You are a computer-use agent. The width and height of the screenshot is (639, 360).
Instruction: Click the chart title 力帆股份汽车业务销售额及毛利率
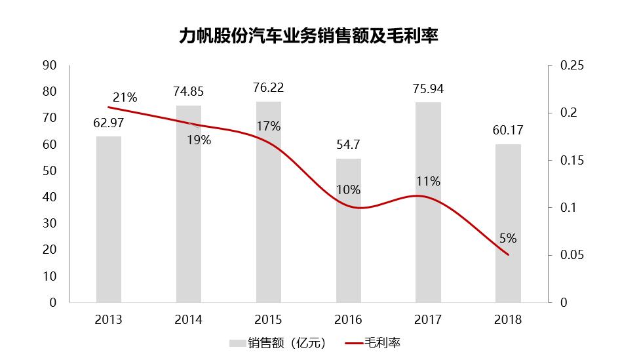coord(308,36)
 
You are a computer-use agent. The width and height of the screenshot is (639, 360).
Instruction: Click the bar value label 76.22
coord(268,88)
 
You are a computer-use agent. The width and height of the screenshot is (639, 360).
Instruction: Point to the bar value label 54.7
coord(348,145)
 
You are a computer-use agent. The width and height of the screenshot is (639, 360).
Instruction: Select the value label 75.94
coord(428,89)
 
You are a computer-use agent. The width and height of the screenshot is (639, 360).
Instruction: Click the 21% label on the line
coord(125,98)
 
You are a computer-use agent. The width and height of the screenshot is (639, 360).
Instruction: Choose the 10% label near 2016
coord(348,190)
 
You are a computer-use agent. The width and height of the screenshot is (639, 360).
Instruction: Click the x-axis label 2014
coord(188,320)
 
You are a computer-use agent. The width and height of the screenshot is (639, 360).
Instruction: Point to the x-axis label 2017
coord(428,320)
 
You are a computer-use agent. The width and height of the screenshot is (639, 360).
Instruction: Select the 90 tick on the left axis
coord(49,66)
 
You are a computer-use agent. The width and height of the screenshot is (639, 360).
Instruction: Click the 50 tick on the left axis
coord(49,171)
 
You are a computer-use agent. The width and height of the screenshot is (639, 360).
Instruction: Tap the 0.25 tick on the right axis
coord(571,66)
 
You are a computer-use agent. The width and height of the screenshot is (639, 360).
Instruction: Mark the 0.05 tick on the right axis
coord(571,255)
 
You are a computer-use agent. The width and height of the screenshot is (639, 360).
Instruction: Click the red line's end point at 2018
coord(508,255)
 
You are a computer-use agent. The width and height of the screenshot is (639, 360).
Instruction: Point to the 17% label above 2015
coord(268,127)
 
